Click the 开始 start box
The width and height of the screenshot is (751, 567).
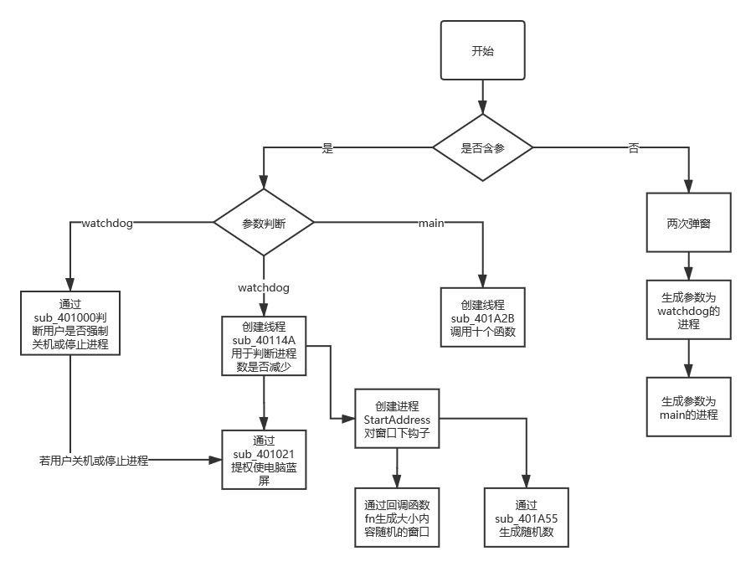[482, 51]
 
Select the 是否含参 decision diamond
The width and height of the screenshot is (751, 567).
[483, 148]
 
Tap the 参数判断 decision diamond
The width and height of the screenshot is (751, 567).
[264, 224]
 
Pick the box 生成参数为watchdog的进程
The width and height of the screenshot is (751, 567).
[688, 311]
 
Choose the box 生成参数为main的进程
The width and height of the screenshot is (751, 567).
[688, 406]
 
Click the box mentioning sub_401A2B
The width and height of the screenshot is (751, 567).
[483, 317]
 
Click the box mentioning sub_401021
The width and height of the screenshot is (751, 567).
[264, 459]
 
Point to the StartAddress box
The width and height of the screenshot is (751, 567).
[397, 419]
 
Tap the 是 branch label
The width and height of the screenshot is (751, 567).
[327, 148]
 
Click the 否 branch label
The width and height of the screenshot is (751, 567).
[634, 148]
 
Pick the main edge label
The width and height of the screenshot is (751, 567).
[430, 223]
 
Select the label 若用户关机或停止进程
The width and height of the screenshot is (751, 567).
[94, 460]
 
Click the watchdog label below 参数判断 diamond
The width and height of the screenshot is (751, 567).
[264, 287]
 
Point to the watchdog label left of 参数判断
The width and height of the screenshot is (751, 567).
[107, 223]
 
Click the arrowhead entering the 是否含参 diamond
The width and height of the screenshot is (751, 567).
[483, 110]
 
